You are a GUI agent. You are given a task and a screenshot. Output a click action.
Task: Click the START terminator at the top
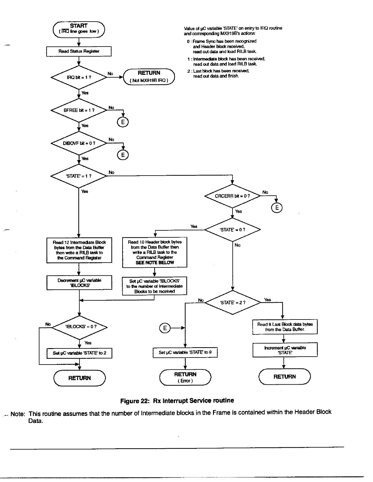pyautogui.click(x=79, y=29)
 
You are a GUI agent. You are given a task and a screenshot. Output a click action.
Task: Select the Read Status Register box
pyautogui.click(x=79, y=51)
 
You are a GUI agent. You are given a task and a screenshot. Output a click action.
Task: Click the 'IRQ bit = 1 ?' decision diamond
pyautogui.click(x=79, y=78)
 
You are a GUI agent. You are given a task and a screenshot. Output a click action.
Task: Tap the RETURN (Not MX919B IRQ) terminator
pyautogui.click(x=149, y=76)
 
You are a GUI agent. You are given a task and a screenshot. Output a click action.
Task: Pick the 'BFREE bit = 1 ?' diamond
pyautogui.click(x=79, y=110)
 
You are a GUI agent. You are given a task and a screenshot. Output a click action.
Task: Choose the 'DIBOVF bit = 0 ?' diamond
pyautogui.click(x=79, y=143)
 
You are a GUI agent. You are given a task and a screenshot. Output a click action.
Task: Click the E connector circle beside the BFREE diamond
pyautogui.click(x=123, y=122)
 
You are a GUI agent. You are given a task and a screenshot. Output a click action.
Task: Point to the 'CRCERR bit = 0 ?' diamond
pyautogui.click(x=233, y=196)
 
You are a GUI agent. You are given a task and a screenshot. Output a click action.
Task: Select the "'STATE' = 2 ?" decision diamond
pyautogui.click(x=233, y=302)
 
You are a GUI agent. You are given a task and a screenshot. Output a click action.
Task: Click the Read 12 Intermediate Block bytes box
pyautogui.click(x=79, y=250)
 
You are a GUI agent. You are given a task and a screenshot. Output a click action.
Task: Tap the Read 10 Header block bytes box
pyautogui.click(x=155, y=252)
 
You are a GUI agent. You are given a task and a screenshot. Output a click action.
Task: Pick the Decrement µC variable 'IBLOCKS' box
pyautogui.click(x=79, y=283)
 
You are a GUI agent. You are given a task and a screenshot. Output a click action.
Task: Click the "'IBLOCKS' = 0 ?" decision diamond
pyautogui.click(x=80, y=327)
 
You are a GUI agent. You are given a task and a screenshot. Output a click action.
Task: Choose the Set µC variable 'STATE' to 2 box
pyautogui.click(x=79, y=353)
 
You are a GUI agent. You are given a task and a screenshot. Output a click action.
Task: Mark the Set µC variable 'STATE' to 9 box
pyautogui.click(x=185, y=353)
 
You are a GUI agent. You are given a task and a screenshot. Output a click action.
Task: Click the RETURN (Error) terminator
pyautogui.click(x=185, y=377)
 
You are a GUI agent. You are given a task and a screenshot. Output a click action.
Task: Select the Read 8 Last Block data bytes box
pyautogui.click(x=285, y=327)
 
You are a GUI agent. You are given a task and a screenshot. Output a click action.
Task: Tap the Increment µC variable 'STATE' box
pyautogui.click(x=285, y=350)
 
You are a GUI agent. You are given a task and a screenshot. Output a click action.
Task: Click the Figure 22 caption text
pyautogui.click(x=177, y=400)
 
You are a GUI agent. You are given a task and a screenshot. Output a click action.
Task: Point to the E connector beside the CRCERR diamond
pyautogui.click(x=277, y=208)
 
